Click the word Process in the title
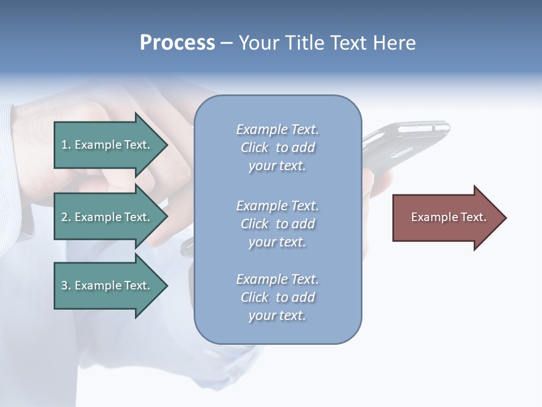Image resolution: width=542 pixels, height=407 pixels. pyautogui.click(x=177, y=43)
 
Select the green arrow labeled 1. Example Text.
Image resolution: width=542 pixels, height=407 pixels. pyautogui.click(x=107, y=145)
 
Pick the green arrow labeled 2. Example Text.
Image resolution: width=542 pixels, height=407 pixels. pyautogui.click(x=107, y=217)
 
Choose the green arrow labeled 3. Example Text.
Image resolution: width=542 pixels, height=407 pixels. pyautogui.click(x=107, y=285)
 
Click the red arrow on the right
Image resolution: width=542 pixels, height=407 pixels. pyautogui.click(x=446, y=217)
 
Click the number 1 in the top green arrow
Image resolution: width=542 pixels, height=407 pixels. pyautogui.click(x=64, y=145)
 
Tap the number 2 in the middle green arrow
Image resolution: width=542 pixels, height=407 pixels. pyautogui.click(x=64, y=217)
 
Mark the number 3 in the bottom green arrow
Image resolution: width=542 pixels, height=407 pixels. pyautogui.click(x=64, y=285)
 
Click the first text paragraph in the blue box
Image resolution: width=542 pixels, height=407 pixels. pyautogui.click(x=277, y=148)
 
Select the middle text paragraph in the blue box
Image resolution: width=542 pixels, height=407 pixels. pyautogui.click(x=277, y=223)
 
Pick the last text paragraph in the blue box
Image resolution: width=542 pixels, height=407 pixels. pyautogui.click(x=277, y=297)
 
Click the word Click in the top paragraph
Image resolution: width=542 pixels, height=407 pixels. pyautogui.click(x=255, y=148)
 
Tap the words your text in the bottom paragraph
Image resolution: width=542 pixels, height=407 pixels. pyautogui.click(x=277, y=315)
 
